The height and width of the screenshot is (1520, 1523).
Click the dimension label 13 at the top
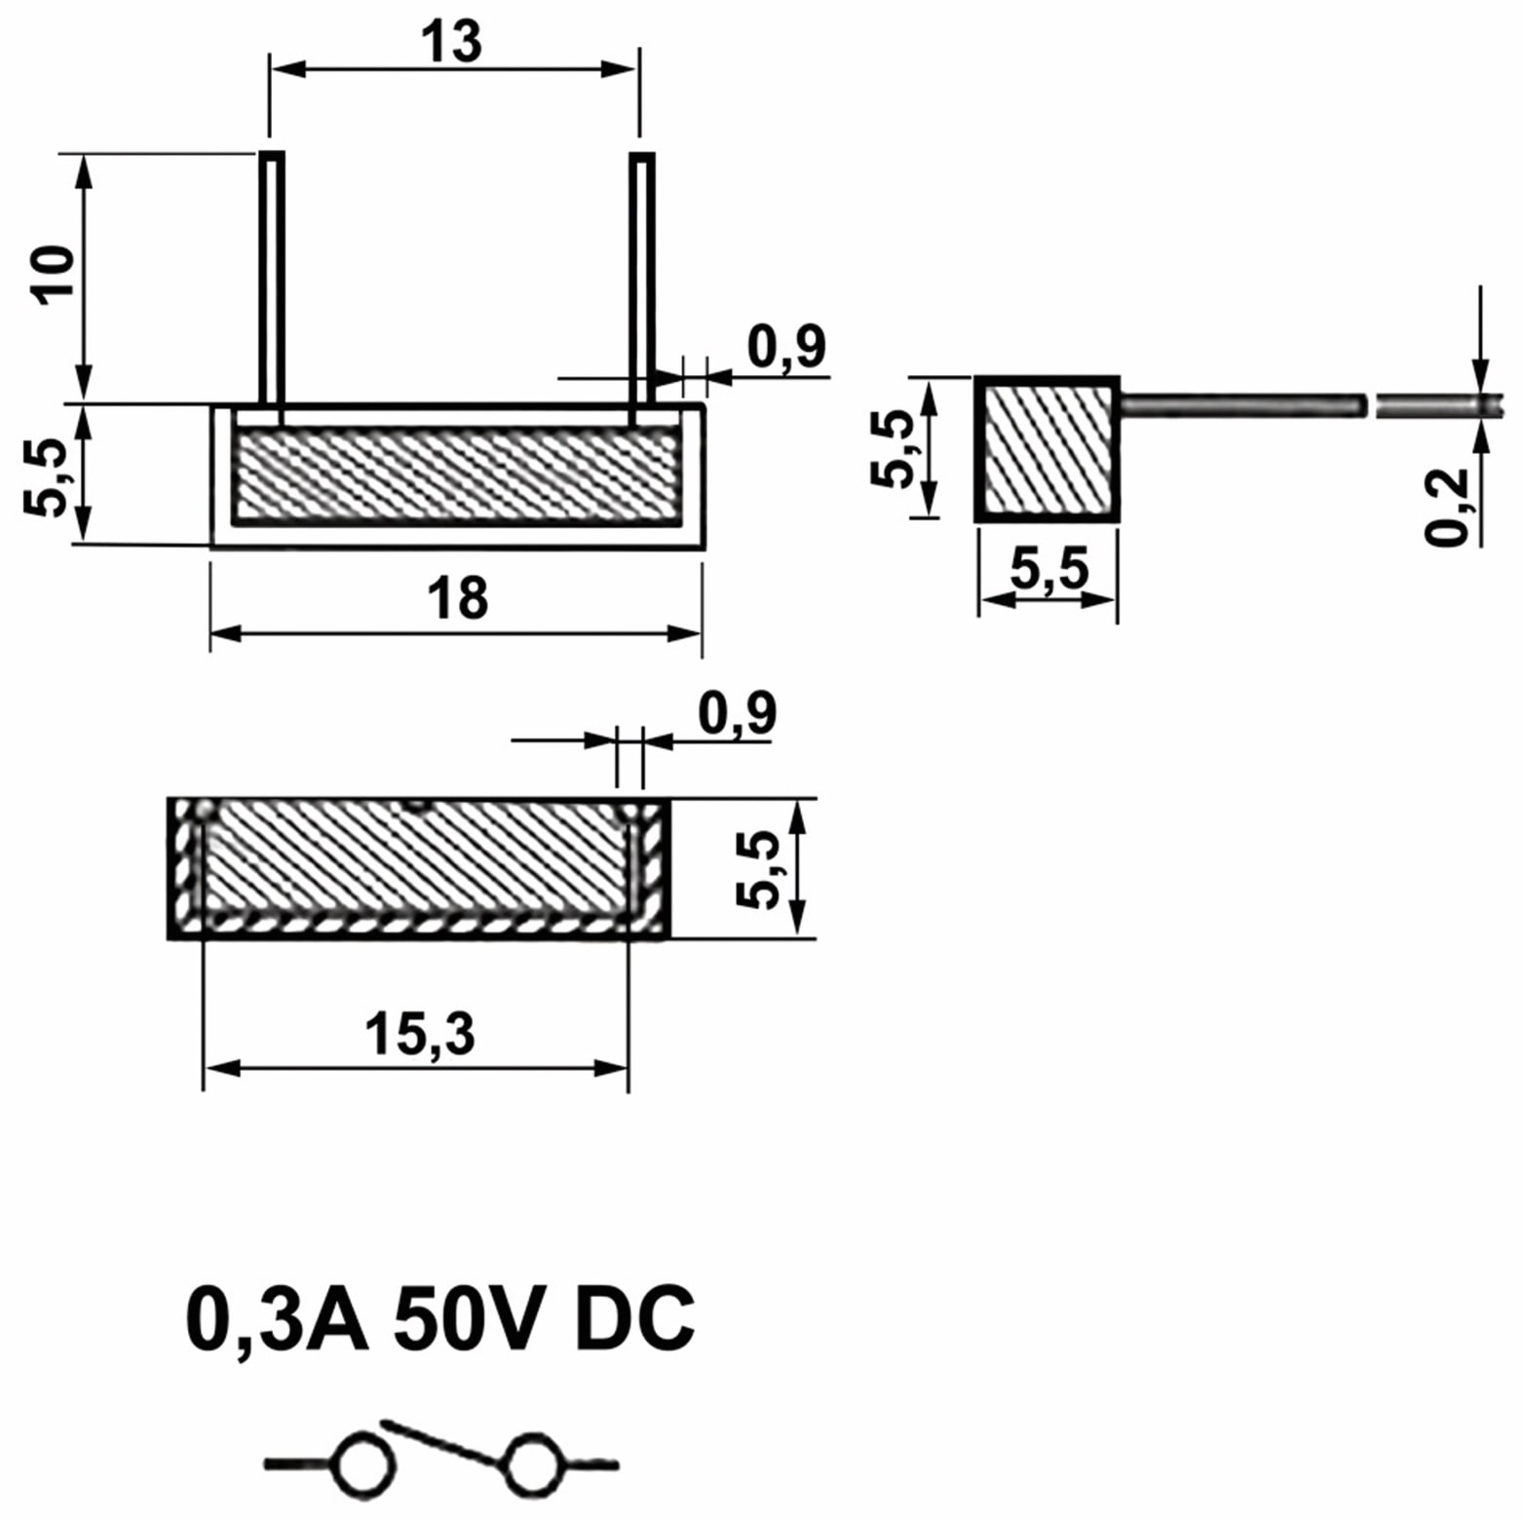point(451,42)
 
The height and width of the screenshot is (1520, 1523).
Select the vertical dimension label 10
point(55,276)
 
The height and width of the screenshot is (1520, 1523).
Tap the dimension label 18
point(457,598)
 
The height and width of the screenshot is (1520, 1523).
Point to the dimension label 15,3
point(420,1034)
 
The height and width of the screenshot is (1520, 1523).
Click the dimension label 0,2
point(1446,506)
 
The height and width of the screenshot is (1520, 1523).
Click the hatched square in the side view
point(1047,449)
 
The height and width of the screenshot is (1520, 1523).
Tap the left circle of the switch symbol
point(364,1464)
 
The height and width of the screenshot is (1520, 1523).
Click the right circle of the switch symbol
point(533,1464)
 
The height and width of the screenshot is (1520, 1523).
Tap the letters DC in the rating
point(634,1319)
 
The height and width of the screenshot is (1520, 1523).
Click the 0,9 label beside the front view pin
point(786,347)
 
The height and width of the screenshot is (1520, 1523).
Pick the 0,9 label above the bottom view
point(737,713)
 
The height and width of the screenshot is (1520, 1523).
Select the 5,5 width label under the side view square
point(1048,569)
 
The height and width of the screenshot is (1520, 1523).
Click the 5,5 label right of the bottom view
point(757,869)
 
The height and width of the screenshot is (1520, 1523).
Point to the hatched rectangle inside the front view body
point(457,475)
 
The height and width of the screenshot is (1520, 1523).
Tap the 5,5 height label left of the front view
point(45,475)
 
